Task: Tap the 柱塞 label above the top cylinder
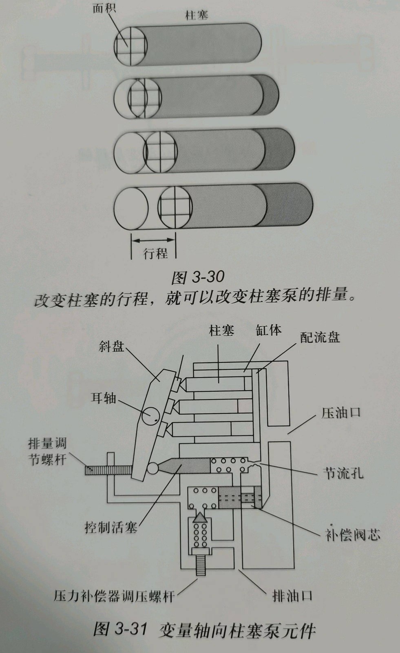coord(197,16)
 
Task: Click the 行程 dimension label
coord(156,253)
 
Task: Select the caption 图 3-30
coord(198,277)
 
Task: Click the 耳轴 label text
coord(103,398)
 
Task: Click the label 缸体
coord(269,330)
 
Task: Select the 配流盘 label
coord(320,338)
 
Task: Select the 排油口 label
coord(292,596)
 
